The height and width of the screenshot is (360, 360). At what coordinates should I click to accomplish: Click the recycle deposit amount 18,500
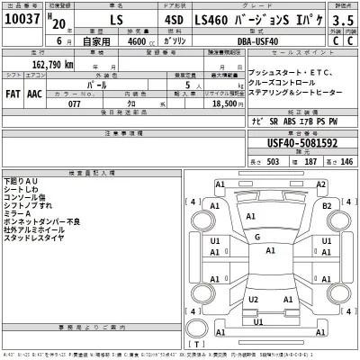coord(220,104)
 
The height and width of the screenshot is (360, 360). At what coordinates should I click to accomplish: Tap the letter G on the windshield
coord(258,237)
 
